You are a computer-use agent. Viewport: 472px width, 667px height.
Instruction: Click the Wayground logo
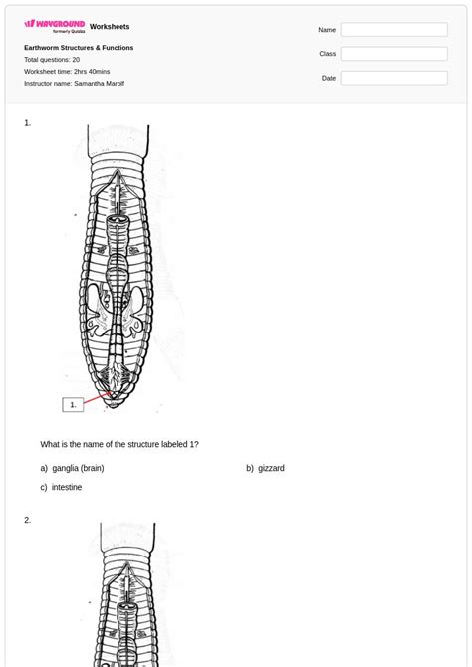pyautogui.click(x=54, y=25)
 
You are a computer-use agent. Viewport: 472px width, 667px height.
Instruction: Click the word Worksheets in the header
pyautogui.click(x=110, y=27)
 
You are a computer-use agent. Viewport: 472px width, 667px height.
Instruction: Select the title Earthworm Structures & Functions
pyautogui.click(x=79, y=48)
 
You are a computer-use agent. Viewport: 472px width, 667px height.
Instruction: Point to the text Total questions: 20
pyautogui.click(x=52, y=60)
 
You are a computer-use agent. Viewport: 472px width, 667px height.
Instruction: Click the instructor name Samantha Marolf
pyautogui.click(x=74, y=84)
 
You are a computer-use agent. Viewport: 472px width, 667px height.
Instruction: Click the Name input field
pyautogui.click(x=393, y=30)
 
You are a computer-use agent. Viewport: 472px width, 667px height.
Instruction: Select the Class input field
pyautogui.click(x=393, y=54)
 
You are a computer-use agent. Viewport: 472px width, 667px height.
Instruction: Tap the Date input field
pyautogui.click(x=393, y=78)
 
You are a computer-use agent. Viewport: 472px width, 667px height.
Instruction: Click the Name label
pyautogui.click(x=327, y=30)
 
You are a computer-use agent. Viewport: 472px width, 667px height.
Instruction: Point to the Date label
pyautogui.click(x=329, y=78)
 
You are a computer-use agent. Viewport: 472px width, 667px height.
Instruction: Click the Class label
pyautogui.click(x=327, y=54)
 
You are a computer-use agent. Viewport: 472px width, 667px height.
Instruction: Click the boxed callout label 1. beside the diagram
pyautogui.click(x=73, y=404)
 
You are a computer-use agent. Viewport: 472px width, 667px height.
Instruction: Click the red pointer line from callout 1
pyautogui.click(x=97, y=399)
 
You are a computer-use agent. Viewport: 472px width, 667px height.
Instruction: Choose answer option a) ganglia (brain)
pyautogui.click(x=72, y=468)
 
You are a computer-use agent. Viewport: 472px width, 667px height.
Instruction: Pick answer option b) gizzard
pyautogui.click(x=265, y=468)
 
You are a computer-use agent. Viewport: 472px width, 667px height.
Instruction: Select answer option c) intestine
pyautogui.click(x=61, y=487)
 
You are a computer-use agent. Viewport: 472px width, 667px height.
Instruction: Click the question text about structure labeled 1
pyautogui.click(x=119, y=444)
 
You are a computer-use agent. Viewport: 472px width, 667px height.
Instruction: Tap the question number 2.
pyautogui.click(x=28, y=520)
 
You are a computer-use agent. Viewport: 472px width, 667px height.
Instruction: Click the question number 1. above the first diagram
pyautogui.click(x=28, y=123)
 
